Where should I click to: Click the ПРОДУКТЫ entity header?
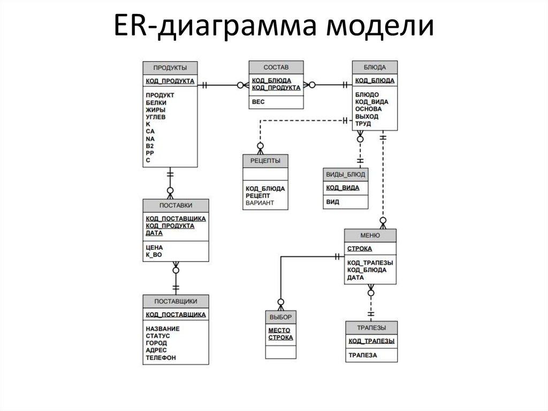pos(170,68)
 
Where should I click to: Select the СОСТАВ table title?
pos(276,68)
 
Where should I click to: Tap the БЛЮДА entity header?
pos(375,68)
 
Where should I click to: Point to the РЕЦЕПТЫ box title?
pos(265,161)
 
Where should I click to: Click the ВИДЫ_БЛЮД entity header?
pos(346,175)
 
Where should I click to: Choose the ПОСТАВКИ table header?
pos(176,206)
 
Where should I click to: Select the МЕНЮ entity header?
pos(370,235)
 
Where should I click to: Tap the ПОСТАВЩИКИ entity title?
pos(176,301)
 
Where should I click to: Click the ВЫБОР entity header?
pos(280,317)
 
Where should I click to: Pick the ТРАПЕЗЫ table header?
pos(371,327)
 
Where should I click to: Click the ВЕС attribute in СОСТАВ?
pos(258,101)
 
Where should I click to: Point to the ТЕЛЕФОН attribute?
pos(161,357)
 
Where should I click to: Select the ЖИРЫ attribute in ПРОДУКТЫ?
pos(155,109)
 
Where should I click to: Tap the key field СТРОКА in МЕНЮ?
pos(360,249)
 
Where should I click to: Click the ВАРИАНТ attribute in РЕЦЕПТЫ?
pos(260,203)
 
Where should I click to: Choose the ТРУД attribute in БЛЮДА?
pos(363,124)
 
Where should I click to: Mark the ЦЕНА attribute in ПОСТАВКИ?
pos(154,248)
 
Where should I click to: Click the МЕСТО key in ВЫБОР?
pos(279,331)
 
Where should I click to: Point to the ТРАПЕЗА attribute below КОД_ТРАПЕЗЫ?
pos(363,355)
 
